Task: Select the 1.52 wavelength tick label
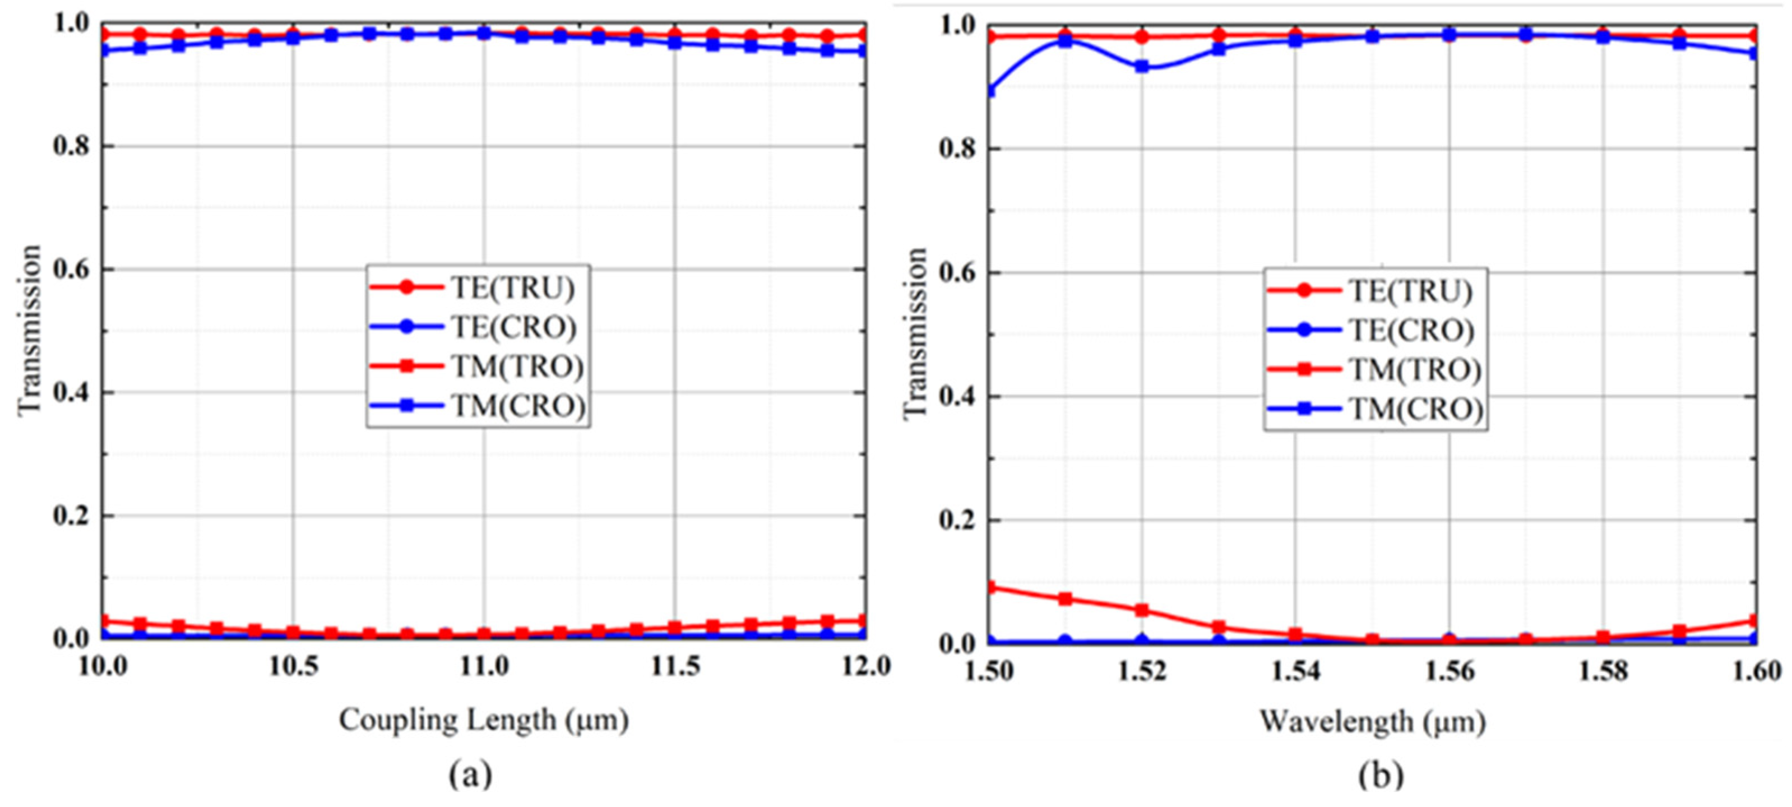[x=1142, y=672]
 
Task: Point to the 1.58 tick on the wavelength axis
[x=1603, y=672]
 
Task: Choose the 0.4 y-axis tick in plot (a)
[x=72, y=392]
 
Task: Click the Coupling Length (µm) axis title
[x=484, y=720]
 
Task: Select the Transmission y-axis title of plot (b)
[x=917, y=332]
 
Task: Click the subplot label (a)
[x=471, y=773]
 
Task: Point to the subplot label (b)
[x=1381, y=775]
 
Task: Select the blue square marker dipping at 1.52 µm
[x=1142, y=67]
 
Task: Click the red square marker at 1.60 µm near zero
[x=1754, y=620]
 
